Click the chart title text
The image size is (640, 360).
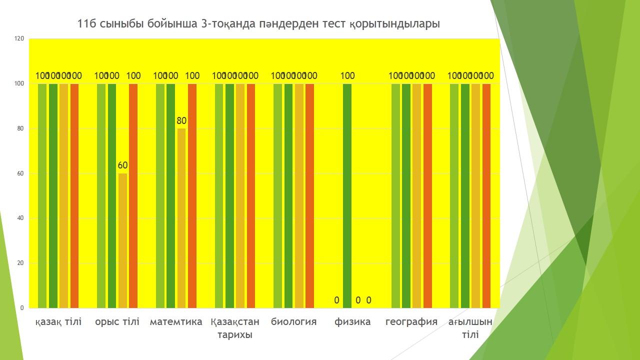pos(258,24)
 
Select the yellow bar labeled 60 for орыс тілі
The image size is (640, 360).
pos(122,240)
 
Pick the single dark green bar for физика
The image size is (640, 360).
pos(347,195)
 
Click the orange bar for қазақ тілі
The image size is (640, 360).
pos(74,195)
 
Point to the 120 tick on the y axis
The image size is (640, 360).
pos(19,38)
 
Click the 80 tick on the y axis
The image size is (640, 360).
pos(20,128)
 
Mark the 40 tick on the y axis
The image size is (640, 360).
pos(20,218)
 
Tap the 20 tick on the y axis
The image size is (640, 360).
pos(20,263)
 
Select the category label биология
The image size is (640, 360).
pos(294,321)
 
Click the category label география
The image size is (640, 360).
pos(411,321)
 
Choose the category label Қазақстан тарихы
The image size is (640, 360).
pos(235,328)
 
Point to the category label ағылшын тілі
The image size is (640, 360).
pos(470,328)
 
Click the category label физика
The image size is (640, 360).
pos(352,321)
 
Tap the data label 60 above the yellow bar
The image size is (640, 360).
pos(122,165)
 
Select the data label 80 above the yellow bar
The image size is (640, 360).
pos(181,120)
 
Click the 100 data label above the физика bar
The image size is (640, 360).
pos(347,76)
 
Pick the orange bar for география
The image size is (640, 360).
pos(427,195)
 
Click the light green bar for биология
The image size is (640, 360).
pos(277,195)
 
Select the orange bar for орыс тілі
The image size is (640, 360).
pos(133,195)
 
